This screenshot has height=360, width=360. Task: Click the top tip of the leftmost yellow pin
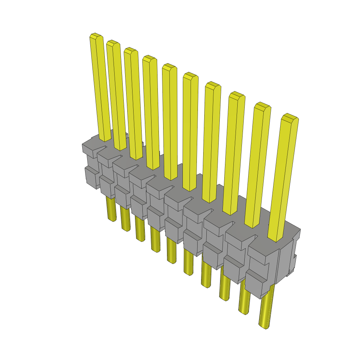(96, 36)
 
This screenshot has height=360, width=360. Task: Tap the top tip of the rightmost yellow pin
(290, 116)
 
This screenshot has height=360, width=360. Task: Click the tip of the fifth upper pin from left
(169, 66)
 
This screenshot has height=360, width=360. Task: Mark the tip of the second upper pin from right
(262, 105)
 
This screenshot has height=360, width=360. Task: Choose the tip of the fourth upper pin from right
(213, 84)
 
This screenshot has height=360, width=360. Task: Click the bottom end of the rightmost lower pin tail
(264, 327)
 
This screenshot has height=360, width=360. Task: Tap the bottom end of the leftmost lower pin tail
(112, 219)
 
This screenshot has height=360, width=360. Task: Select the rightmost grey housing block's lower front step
(254, 283)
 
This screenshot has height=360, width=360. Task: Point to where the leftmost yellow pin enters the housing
(105, 139)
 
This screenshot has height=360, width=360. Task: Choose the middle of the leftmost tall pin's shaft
(100, 88)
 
